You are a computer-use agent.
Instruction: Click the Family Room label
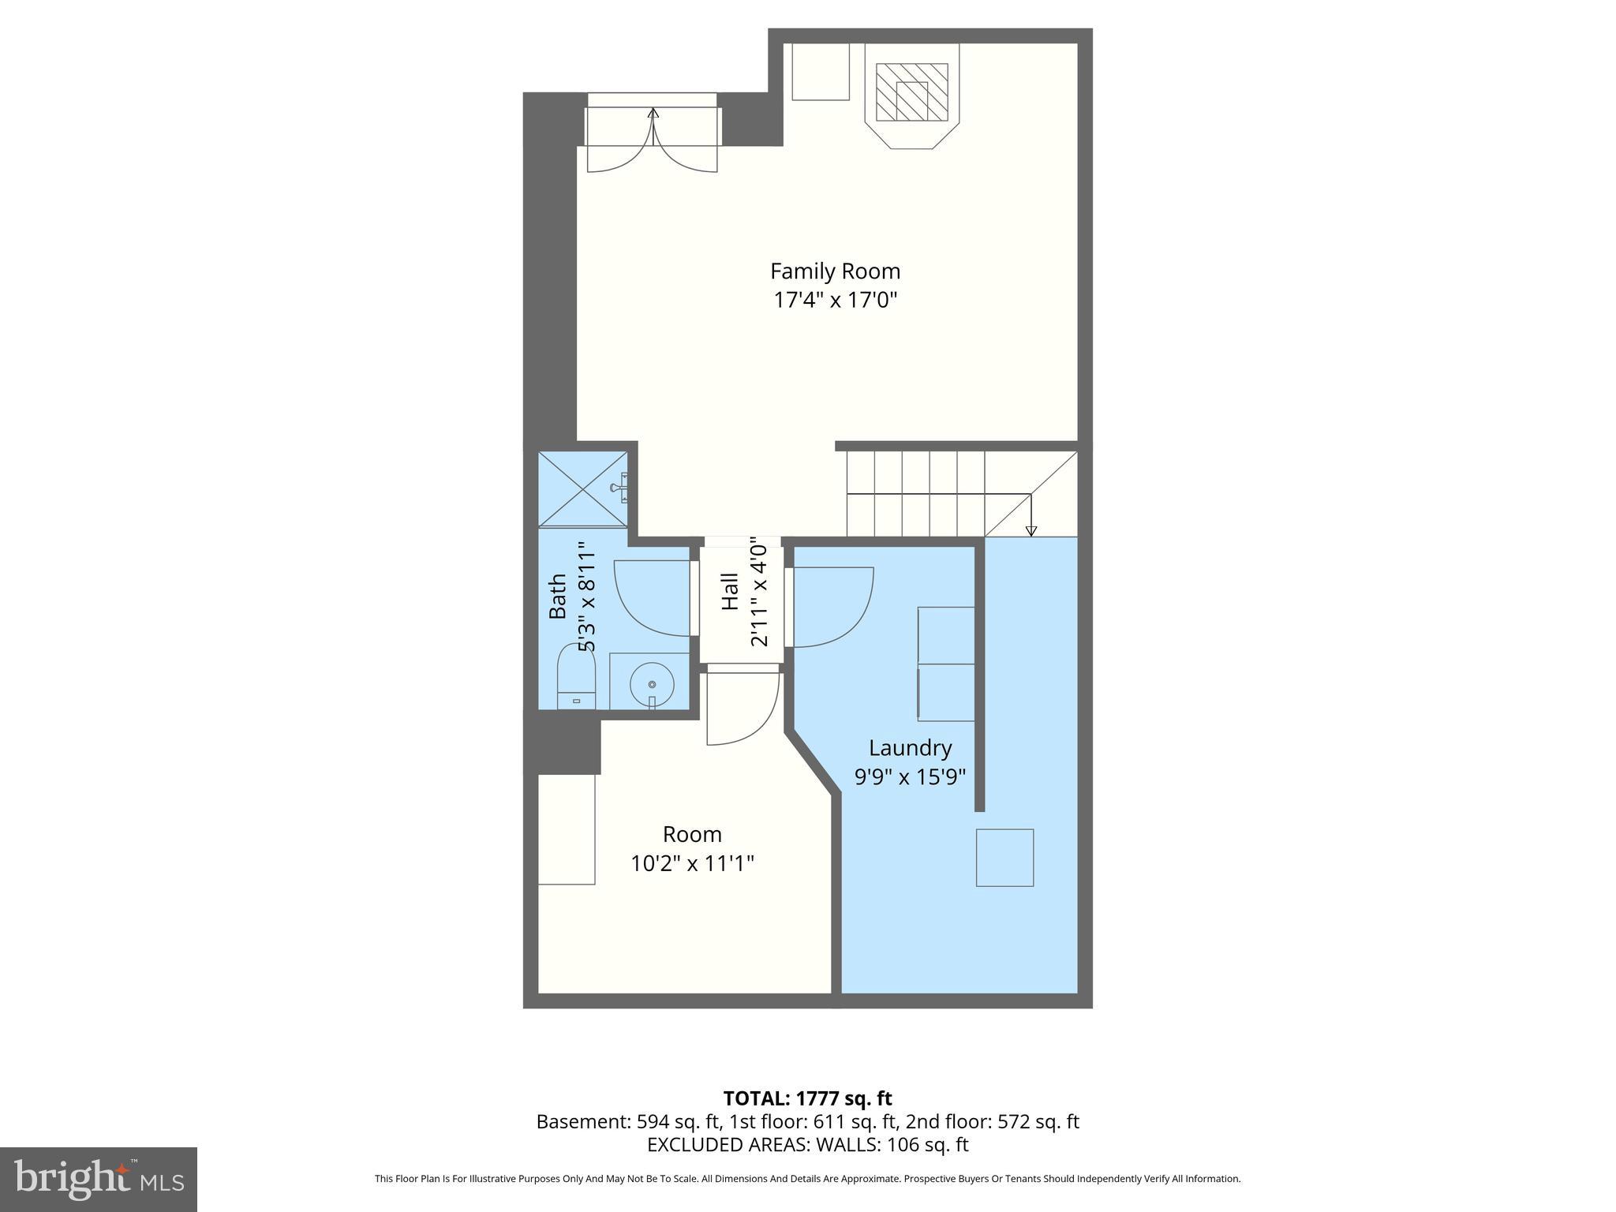835,271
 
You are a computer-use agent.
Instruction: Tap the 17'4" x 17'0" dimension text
835,301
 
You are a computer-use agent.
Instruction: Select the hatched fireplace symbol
912,92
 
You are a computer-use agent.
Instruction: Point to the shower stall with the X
582,488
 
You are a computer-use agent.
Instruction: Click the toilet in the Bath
576,677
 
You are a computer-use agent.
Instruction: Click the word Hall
730,592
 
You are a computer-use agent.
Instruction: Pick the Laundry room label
910,748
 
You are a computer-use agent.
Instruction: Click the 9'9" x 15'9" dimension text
910,777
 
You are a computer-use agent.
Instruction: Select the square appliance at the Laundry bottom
1004,858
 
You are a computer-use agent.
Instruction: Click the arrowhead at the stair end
1031,531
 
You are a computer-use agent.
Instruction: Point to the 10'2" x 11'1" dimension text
692,864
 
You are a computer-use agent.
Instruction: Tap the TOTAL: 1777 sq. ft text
807,1098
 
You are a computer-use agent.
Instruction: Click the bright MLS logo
99,1180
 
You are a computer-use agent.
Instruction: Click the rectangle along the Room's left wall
566,829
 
